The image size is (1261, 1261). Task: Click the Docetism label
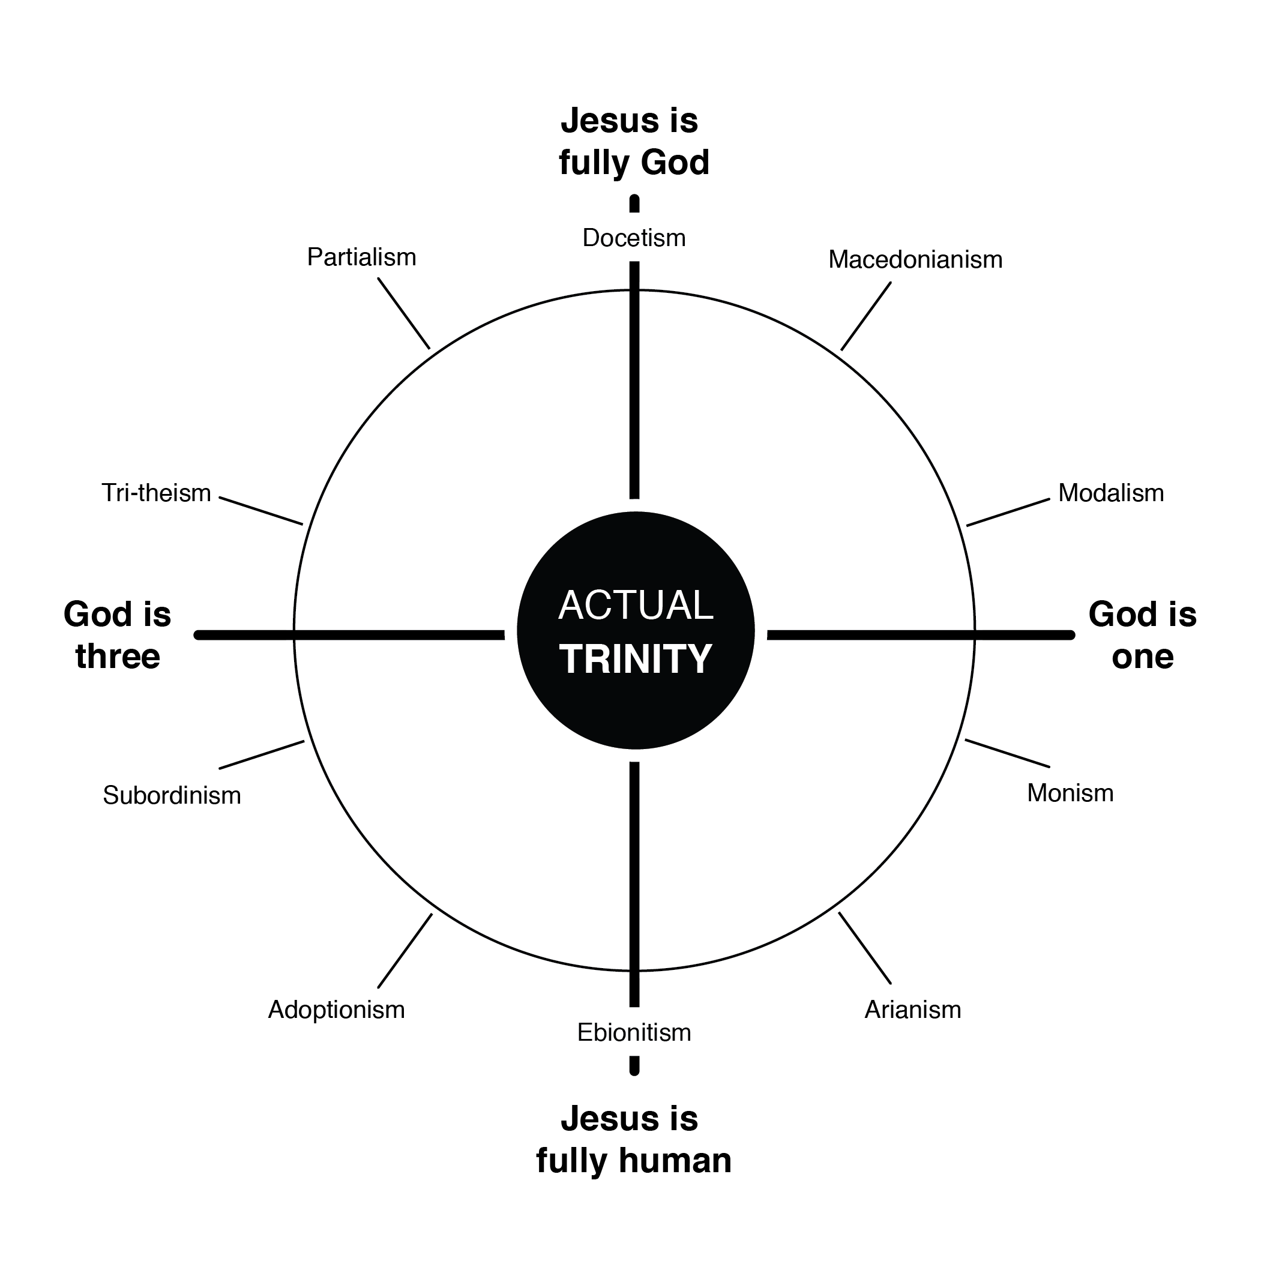[634, 238]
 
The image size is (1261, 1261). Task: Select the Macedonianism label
[915, 260]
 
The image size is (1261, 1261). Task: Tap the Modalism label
[1111, 493]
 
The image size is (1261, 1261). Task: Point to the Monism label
[1070, 793]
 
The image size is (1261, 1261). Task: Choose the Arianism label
[912, 1010]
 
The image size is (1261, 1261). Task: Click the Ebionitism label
[634, 1032]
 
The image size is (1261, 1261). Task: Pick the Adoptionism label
[336, 1010]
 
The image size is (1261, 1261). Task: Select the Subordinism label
[172, 795]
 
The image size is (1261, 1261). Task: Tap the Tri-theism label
[156, 493]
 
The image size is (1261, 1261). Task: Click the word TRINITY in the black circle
[635, 659]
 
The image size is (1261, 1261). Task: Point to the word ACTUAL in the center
[635, 605]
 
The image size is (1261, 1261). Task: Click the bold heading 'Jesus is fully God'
[633, 142]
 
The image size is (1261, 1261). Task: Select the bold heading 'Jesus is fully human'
[633, 1140]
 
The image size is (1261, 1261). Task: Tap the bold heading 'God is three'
[118, 635]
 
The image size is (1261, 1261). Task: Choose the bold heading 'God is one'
[1142, 635]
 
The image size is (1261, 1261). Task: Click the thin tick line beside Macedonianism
[865, 316]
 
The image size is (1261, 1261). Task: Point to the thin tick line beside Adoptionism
[405, 950]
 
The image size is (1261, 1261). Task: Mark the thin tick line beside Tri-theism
[261, 511]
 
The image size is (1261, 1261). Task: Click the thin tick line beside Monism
[1007, 753]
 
